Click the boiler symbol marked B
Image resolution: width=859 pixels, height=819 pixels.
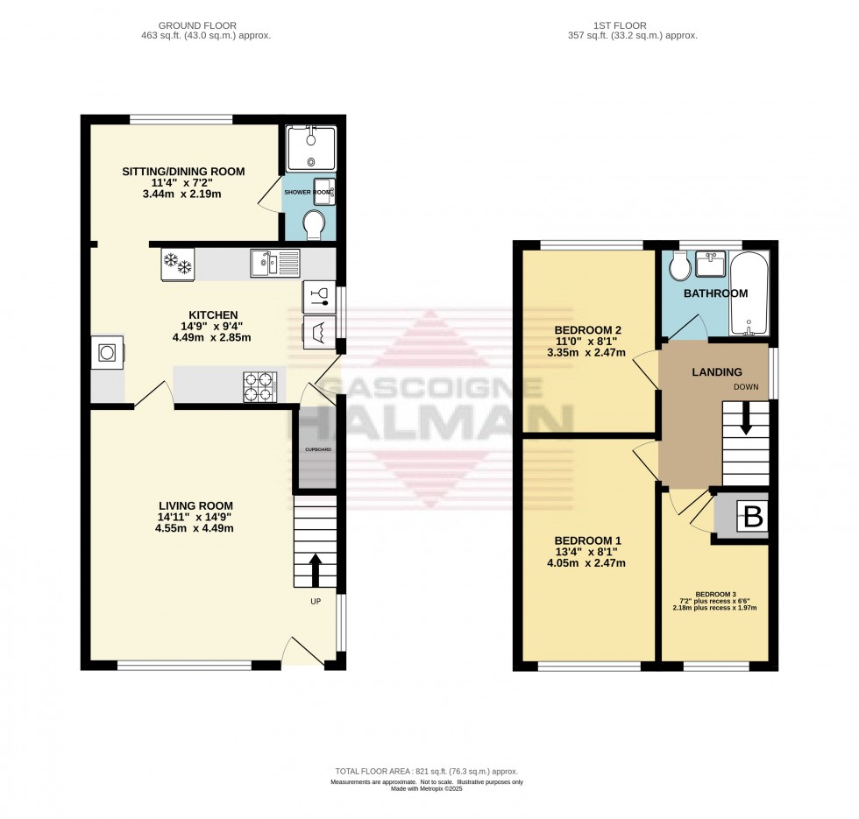[x=753, y=518]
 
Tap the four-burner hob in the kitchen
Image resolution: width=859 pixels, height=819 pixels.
[x=260, y=387]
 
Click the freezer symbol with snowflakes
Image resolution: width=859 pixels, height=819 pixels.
[x=177, y=263]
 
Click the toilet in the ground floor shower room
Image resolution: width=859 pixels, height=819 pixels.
[x=313, y=225]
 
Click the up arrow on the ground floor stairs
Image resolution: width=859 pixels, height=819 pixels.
[x=314, y=568]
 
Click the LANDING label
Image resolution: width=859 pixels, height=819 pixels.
[x=717, y=372]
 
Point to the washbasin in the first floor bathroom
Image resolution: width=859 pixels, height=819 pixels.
[x=711, y=265]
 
